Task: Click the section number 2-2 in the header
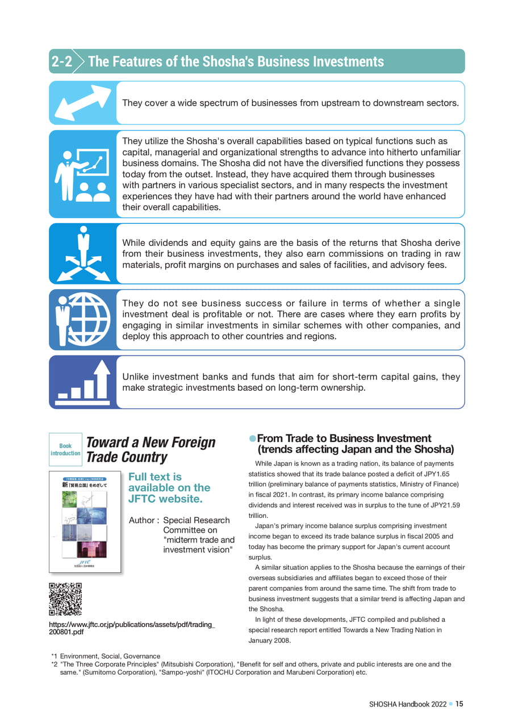[x=61, y=61]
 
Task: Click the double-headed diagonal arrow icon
[x=83, y=102]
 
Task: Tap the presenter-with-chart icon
[x=83, y=174]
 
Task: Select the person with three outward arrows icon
[x=83, y=253]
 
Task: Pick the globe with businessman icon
[x=83, y=319]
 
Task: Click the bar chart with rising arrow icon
[x=83, y=382]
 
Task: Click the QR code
[x=65, y=599]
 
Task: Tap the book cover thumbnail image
[x=85, y=521]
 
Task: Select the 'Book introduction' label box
[x=65, y=449]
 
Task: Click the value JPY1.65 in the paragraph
[x=440, y=474]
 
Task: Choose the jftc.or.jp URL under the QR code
[x=132, y=628]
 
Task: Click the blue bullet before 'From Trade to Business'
[x=253, y=439]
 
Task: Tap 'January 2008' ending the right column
[x=270, y=641]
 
